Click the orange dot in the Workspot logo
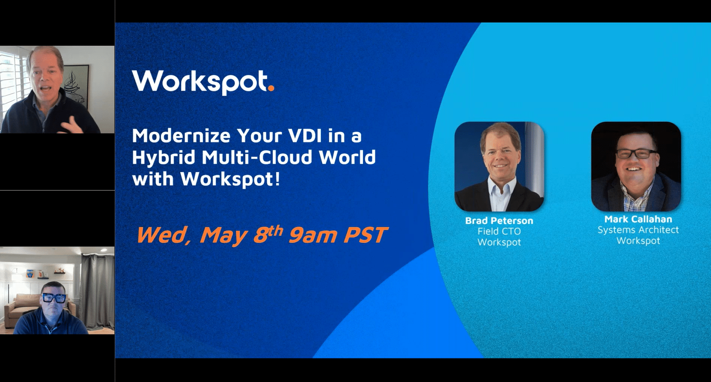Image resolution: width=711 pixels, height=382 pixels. (x=271, y=88)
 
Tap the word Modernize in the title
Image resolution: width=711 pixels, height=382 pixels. (x=181, y=136)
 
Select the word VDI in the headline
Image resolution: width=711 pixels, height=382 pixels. (x=305, y=136)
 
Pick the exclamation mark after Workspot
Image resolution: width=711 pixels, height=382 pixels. (x=277, y=178)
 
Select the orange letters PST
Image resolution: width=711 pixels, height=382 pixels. (x=366, y=235)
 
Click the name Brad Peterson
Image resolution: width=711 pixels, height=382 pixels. (x=499, y=221)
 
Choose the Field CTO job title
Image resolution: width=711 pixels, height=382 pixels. (x=499, y=232)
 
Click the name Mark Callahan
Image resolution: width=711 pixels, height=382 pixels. (x=638, y=219)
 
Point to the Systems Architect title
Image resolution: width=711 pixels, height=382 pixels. (x=638, y=230)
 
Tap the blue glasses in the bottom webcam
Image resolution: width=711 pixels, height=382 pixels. (x=54, y=298)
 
